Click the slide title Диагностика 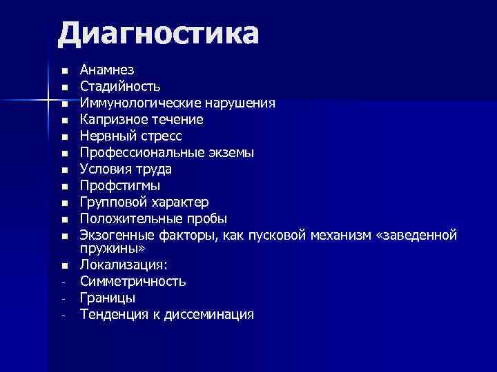158,33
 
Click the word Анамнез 107,70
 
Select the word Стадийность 120,87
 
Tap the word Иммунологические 140,103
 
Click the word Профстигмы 120,186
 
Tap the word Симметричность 133,281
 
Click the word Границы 108,298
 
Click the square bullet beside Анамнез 64,71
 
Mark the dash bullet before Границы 63,299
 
